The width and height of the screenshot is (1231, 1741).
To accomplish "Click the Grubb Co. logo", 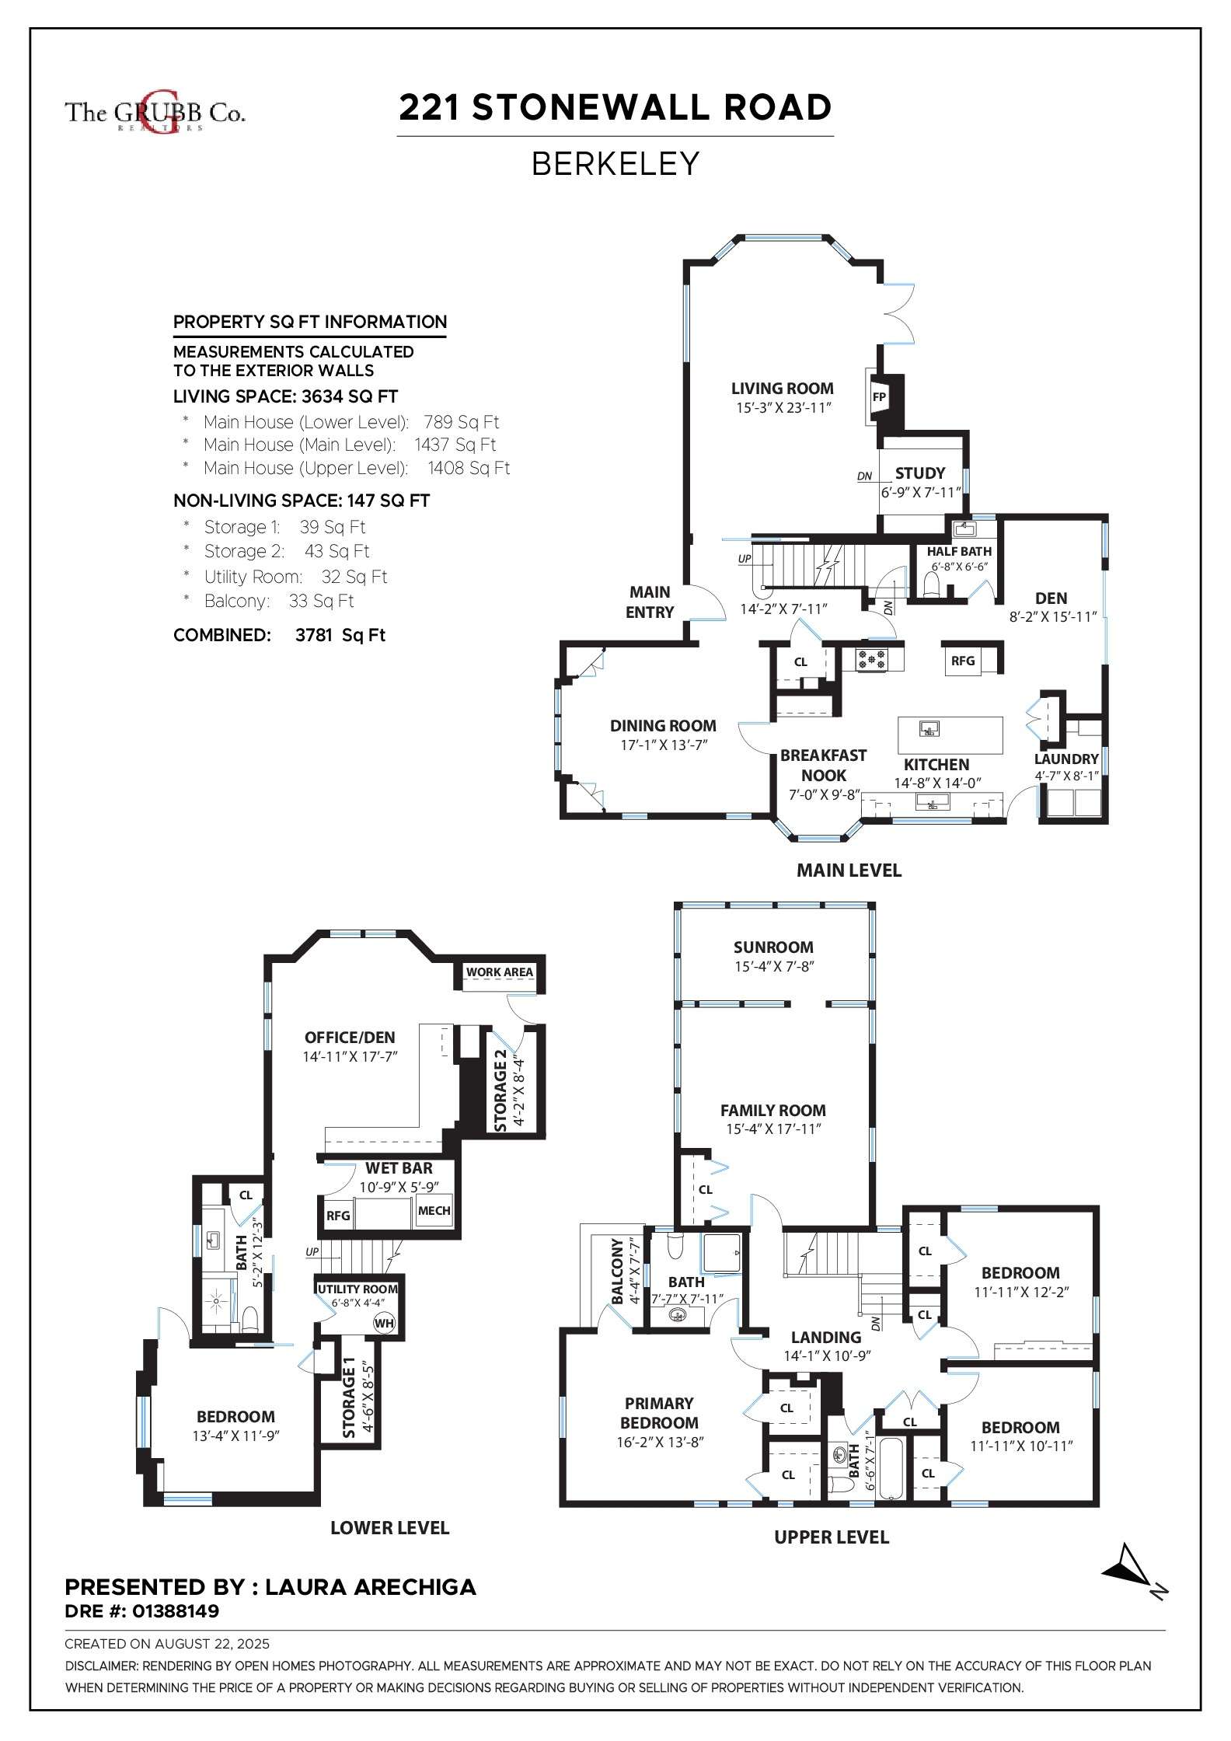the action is [x=155, y=113].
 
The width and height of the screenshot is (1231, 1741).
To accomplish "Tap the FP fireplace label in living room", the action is [x=879, y=397].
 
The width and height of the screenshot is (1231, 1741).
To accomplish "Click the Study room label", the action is [x=920, y=473].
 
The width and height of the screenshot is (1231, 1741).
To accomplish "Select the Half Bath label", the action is [x=959, y=551].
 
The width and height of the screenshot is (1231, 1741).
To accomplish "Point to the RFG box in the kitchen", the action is [x=963, y=661].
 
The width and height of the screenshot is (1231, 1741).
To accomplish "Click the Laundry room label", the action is [x=1066, y=759].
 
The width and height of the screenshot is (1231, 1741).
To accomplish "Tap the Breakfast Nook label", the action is [x=824, y=766].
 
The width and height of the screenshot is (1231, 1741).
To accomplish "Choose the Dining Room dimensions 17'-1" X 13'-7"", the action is [x=664, y=745].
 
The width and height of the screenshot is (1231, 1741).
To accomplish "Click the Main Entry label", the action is [x=650, y=602].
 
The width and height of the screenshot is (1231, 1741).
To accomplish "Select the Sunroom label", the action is [x=773, y=947].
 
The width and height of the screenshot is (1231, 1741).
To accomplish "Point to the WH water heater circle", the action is [x=384, y=1324].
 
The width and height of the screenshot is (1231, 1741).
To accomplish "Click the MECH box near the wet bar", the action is [x=434, y=1211].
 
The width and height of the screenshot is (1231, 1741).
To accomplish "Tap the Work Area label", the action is [x=500, y=972].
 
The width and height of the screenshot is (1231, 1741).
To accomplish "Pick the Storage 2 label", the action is [x=500, y=1090].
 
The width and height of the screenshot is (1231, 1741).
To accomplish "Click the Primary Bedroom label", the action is [x=659, y=1413].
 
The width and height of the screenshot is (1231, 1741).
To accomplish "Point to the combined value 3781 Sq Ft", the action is [x=340, y=635].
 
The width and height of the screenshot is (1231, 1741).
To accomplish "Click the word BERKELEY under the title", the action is [x=615, y=164].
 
